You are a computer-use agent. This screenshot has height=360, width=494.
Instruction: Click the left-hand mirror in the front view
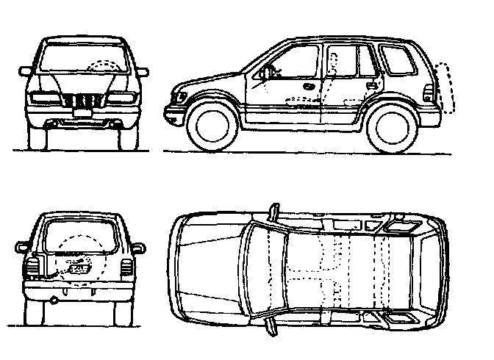click(26, 71)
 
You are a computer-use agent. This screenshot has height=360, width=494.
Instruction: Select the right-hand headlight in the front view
click(122, 98)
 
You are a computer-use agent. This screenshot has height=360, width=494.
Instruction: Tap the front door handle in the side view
click(309, 87)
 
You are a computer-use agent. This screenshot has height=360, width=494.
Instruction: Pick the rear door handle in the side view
click(372, 85)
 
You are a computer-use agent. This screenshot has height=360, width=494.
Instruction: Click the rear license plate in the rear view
click(79, 268)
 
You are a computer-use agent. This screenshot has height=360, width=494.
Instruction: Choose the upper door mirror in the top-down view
click(275, 212)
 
